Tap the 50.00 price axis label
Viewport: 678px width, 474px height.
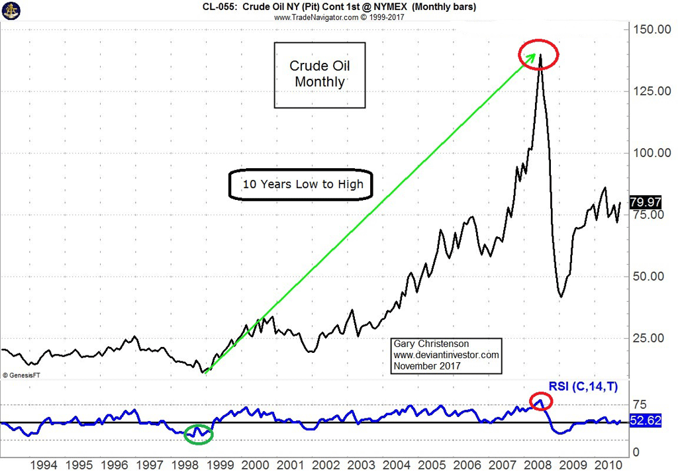click(648, 276)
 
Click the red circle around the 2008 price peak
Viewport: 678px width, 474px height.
click(539, 52)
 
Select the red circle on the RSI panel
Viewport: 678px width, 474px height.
click(540, 401)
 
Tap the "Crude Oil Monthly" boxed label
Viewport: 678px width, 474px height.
click(320, 74)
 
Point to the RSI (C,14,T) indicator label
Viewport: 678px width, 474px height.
click(582, 387)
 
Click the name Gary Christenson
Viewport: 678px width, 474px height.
click(431, 344)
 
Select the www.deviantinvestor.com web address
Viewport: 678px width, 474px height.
click(446, 355)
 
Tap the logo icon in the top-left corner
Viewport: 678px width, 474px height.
click(11, 10)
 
